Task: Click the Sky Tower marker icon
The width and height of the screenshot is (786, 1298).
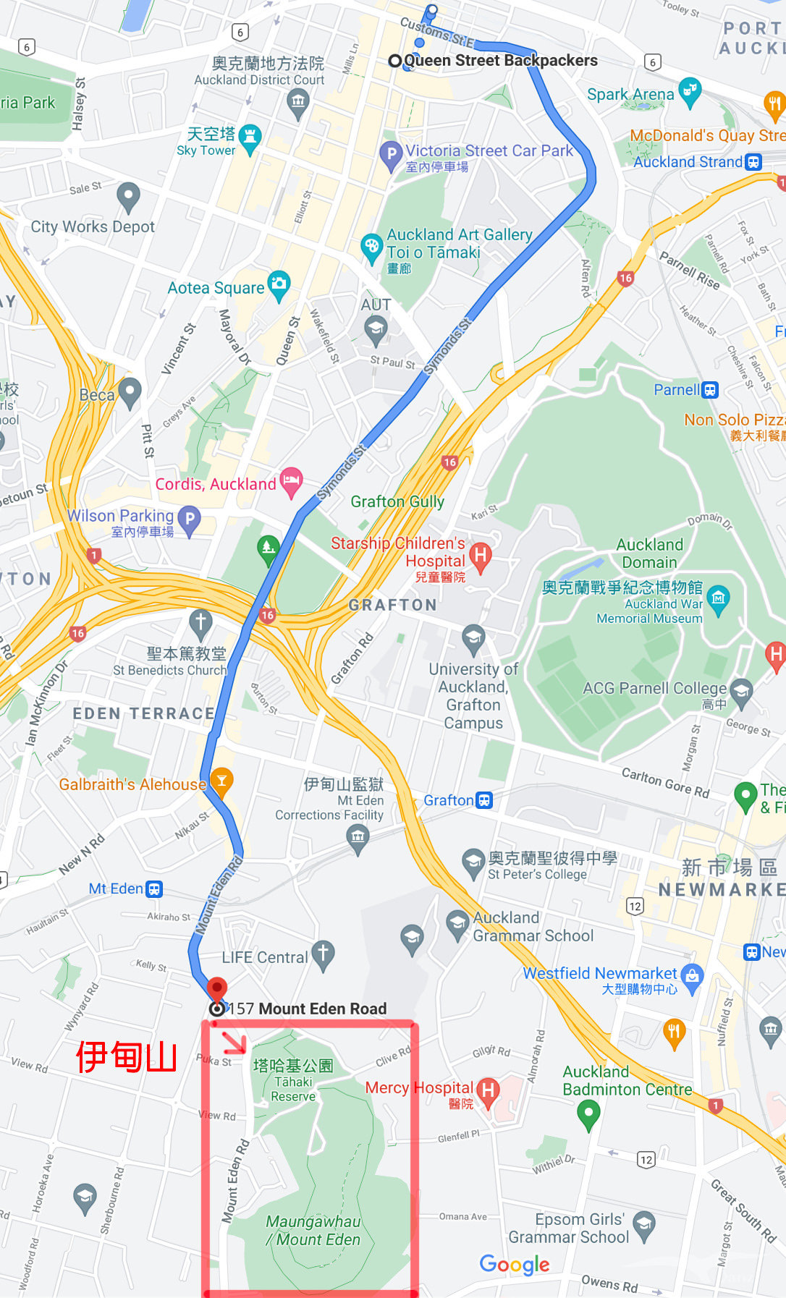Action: point(250,137)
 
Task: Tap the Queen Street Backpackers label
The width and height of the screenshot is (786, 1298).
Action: point(500,61)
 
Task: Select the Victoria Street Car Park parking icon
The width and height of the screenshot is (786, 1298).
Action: point(391,153)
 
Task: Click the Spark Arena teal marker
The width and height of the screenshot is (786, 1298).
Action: point(690,90)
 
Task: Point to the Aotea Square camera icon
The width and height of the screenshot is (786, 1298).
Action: point(279,284)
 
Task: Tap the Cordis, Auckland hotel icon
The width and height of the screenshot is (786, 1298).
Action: point(291,480)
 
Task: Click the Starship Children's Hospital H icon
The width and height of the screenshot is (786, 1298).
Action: point(480,556)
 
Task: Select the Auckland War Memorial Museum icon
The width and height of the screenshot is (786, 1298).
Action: point(718,598)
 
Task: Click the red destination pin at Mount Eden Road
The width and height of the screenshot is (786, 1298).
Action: point(216,989)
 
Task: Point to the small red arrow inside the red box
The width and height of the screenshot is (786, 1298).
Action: point(234,1043)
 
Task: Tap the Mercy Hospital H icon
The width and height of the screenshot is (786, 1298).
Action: point(488,1090)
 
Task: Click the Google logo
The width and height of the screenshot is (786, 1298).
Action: point(515,1264)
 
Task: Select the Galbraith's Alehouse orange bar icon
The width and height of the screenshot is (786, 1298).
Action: point(221,781)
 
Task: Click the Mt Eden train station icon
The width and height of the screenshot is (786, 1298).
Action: point(154,889)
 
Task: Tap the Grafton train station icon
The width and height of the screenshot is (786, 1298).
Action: point(484,800)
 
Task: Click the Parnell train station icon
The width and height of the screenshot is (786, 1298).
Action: point(710,390)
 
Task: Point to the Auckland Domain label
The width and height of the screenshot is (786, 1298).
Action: point(649,553)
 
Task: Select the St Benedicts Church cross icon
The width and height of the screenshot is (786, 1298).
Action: point(200,621)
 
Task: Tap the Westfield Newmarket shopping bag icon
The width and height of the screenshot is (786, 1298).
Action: point(692,976)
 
